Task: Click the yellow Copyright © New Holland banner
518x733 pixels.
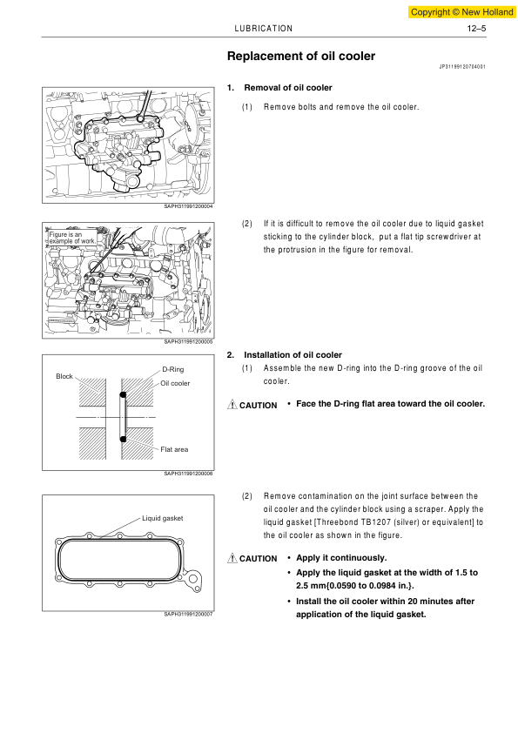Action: click(x=461, y=12)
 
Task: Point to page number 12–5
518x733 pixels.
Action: click(x=476, y=29)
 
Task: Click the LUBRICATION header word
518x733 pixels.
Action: click(x=263, y=29)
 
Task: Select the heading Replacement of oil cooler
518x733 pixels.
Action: click(x=301, y=56)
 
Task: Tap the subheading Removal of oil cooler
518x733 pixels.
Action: click(x=288, y=88)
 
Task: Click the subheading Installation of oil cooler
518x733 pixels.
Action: click(x=293, y=355)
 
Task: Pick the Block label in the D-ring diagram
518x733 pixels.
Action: click(x=64, y=376)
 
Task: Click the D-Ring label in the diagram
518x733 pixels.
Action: click(x=173, y=369)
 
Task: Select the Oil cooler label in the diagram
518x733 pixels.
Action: click(x=175, y=383)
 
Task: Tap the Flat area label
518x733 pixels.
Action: click(x=174, y=449)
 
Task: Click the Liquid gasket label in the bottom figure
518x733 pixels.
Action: click(x=162, y=518)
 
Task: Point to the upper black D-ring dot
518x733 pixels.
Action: click(x=123, y=395)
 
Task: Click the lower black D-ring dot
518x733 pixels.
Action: click(x=123, y=439)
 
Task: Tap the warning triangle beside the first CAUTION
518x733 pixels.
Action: click(x=232, y=404)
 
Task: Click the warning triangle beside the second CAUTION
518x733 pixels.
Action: click(x=232, y=558)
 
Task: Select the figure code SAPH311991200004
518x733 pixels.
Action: click(x=188, y=206)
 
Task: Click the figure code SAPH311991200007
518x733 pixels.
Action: click(x=188, y=615)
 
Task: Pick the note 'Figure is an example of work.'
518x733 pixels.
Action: click(x=72, y=238)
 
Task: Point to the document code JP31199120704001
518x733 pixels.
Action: click(x=462, y=67)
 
